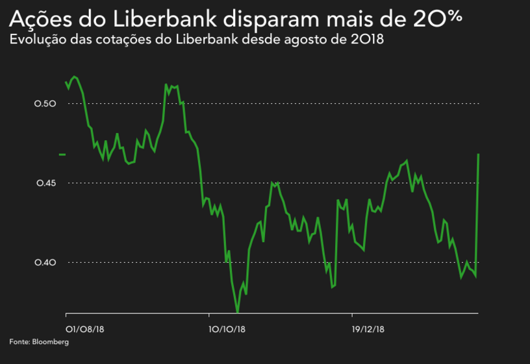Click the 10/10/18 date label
click(x=227, y=328)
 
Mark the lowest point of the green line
click(x=238, y=313)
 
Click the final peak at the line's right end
click(x=479, y=154)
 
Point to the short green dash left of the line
click(x=62, y=154)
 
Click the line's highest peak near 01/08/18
click(x=75, y=77)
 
